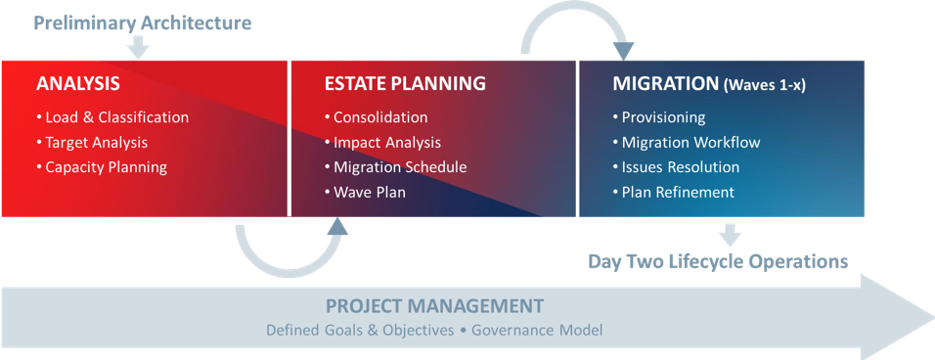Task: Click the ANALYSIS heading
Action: (77, 83)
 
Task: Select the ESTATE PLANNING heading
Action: (405, 83)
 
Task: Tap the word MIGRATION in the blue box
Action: (665, 83)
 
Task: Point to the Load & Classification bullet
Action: (112, 117)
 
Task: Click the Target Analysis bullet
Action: (92, 143)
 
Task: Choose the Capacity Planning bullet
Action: (102, 167)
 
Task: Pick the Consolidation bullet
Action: (376, 117)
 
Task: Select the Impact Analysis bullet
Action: (382, 143)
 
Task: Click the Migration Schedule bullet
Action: (395, 167)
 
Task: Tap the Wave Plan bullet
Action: (365, 193)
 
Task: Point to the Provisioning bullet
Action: (659, 117)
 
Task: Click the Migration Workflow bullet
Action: (687, 143)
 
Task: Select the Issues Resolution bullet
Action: (676, 167)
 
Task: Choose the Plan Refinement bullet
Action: (673, 193)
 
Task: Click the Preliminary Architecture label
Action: (143, 23)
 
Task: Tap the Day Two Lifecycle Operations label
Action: (718, 261)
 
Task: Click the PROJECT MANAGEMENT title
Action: (434, 306)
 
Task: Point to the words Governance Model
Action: (537, 331)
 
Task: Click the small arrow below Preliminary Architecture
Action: (138, 48)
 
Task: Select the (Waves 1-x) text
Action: (765, 85)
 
